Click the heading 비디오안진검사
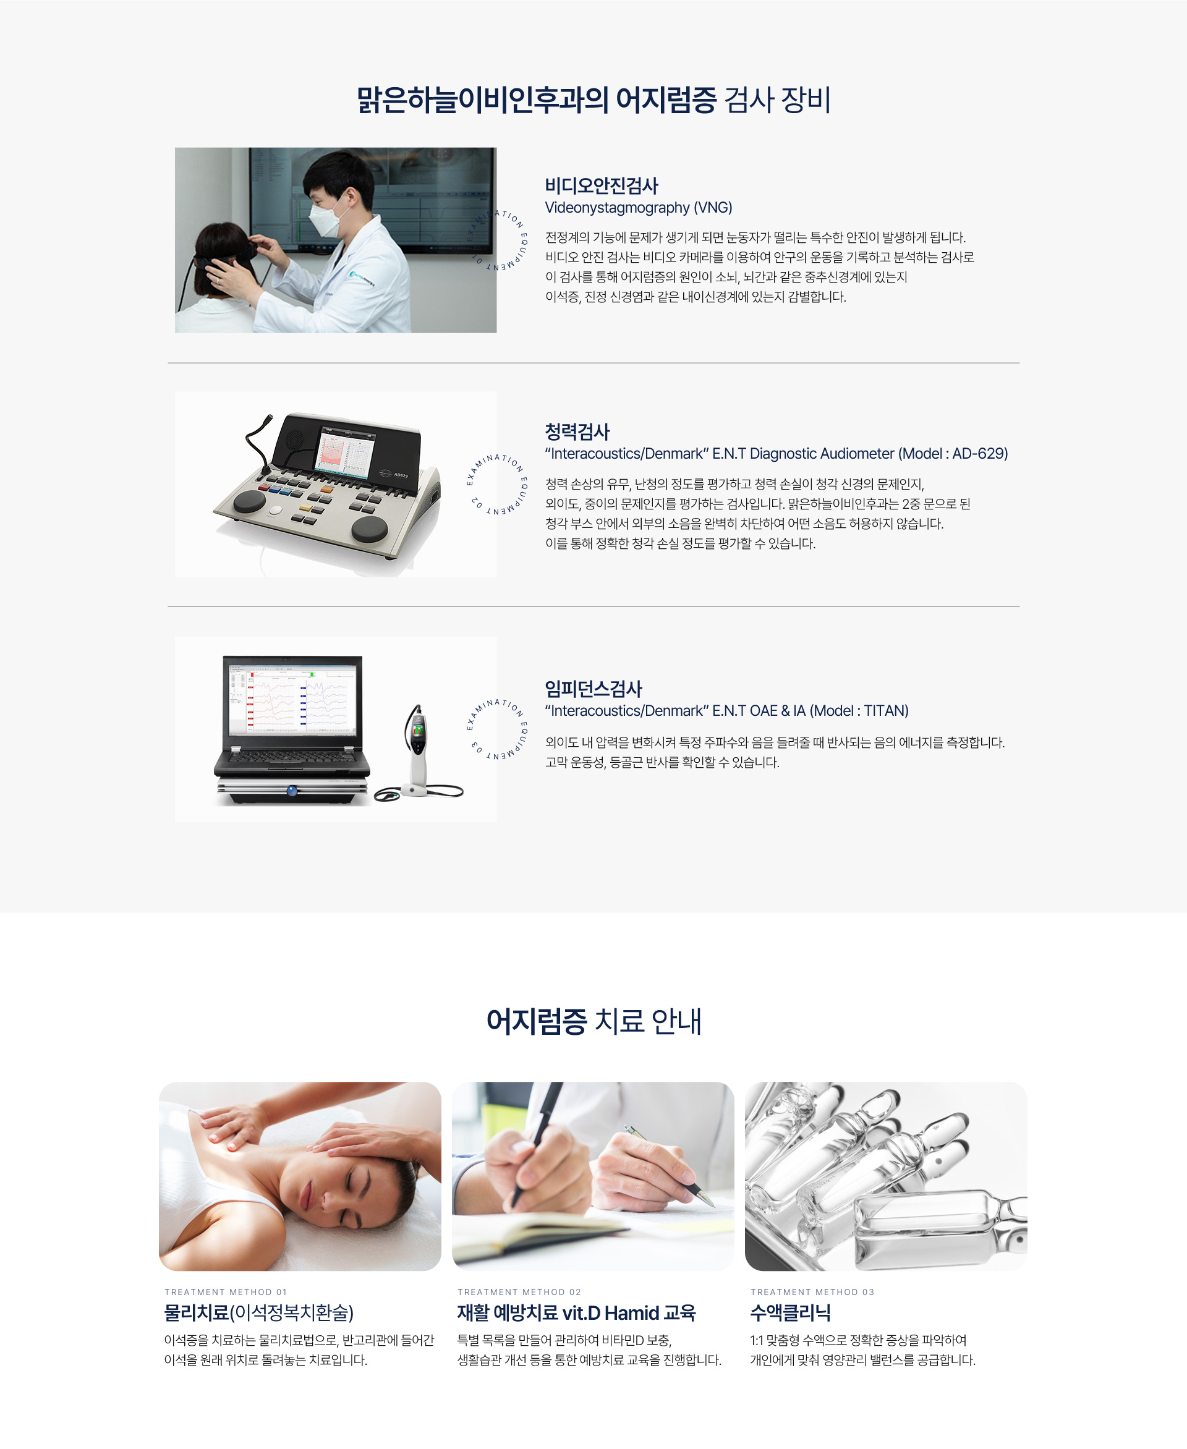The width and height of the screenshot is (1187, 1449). coord(601,185)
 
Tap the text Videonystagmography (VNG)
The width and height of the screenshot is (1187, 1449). coord(639,208)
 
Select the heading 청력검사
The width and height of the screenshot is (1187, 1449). coord(577,431)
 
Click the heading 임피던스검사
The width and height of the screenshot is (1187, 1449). coord(593,689)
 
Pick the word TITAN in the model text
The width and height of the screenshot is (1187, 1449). coord(886,710)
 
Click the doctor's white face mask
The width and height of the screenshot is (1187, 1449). coord(325,217)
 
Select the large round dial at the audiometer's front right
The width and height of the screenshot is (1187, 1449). coord(369,529)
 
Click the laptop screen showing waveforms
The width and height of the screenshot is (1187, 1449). coord(292,697)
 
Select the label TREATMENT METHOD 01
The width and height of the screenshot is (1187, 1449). coord(226,1292)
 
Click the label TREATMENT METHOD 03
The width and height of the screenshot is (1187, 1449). coord(812,1292)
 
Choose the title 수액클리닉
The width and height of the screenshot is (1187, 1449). coord(791,1313)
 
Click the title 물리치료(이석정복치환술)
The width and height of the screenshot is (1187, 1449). coord(258,1313)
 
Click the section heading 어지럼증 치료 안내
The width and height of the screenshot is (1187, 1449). coord(593,1021)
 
